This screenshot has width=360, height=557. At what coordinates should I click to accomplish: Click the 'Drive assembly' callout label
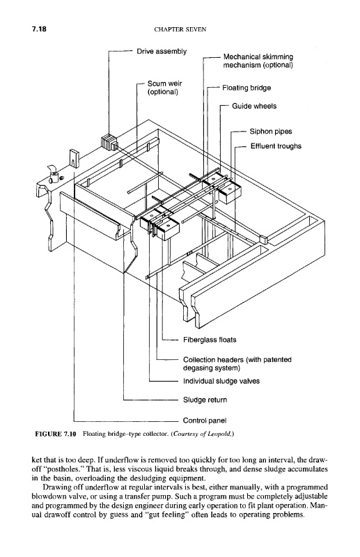(162, 52)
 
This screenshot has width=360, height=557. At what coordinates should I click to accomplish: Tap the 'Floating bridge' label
(246, 88)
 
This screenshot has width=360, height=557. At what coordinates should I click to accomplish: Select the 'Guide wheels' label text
(254, 106)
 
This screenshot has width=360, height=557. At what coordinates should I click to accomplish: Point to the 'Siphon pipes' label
(271, 132)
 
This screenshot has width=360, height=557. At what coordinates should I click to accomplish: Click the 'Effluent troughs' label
(276, 146)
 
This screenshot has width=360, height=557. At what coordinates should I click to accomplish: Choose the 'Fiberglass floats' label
(210, 340)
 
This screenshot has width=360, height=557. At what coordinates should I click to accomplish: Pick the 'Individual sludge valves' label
(221, 381)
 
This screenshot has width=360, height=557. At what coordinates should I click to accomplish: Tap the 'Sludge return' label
(205, 400)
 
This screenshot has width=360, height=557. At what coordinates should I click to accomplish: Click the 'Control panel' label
(205, 421)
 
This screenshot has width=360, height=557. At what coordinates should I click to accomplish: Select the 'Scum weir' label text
(164, 84)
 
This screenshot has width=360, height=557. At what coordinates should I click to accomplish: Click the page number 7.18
(39, 29)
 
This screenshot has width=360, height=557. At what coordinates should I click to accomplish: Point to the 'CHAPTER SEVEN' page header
(180, 30)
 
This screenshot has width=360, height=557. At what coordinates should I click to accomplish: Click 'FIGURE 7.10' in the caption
(56, 434)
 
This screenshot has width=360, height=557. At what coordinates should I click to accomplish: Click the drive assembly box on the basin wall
(109, 142)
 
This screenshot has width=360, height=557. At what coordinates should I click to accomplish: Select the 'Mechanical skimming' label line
(258, 57)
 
